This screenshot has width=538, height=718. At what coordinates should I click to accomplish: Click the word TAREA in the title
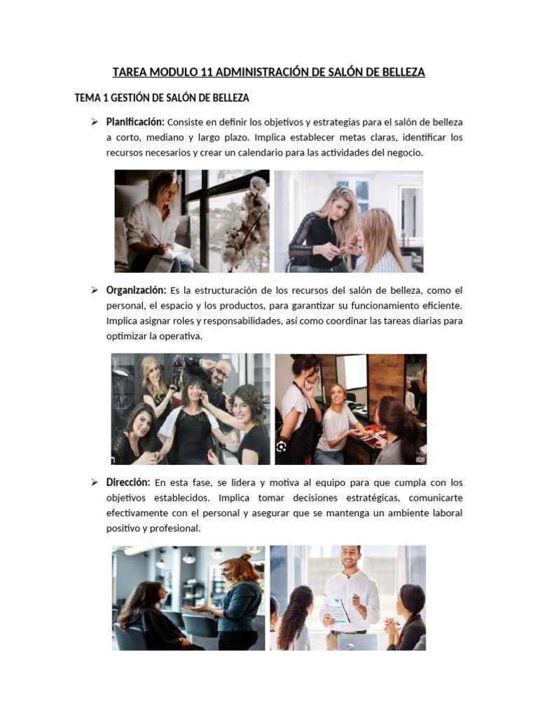click(x=129, y=72)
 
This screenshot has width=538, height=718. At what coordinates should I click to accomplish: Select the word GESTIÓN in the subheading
click(x=131, y=97)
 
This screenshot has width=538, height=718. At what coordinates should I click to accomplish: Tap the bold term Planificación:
click(x=135, y=122)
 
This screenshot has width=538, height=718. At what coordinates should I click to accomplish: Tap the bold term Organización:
click(x=136, y=290)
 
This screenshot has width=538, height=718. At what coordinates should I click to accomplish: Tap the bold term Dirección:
click(x=128, y=482)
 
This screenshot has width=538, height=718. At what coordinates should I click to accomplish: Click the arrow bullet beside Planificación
click(x=93, y=123)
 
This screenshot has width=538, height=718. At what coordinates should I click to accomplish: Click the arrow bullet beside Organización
click(x=93, y=290)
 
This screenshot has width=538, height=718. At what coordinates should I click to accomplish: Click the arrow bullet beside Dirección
click(x=93, y=482)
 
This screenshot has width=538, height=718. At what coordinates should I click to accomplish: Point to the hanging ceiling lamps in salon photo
click(x=189, y=557)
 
